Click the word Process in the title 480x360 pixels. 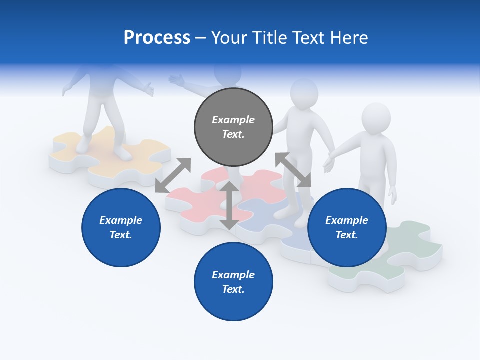(x=157, y=38)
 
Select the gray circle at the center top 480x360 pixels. (x=233, y=127)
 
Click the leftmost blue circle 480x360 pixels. (x=121, y=227)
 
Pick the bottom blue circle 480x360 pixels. (x=233, y=281)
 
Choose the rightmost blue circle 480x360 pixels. (x=346, y=227)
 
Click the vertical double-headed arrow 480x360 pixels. (x=229, y=205)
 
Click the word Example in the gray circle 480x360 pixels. (x=233, y=120)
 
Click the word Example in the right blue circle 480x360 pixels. (x=346, y=220)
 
